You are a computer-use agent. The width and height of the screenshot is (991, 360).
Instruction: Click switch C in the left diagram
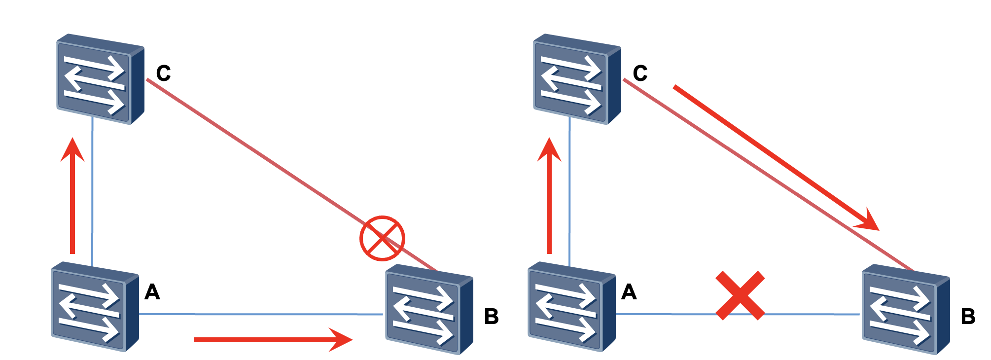[x=100, y=79]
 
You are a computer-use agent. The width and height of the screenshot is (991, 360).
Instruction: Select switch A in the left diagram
[x=95, y=307]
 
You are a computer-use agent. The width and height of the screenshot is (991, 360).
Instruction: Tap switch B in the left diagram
[x=429, y=309]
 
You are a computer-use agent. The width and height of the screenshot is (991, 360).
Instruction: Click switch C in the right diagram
[x=577, y=79]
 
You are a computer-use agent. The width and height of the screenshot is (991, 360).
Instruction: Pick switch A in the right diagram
[x=572, y=307]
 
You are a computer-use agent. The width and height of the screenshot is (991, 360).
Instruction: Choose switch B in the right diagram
[x=906, y=309]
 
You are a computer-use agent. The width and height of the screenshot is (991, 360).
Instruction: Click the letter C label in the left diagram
[x=163, y=73]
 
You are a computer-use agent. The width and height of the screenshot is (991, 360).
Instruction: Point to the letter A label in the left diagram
[x=152, y=292]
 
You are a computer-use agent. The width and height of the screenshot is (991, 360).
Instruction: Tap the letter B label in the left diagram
[x=492, y=317]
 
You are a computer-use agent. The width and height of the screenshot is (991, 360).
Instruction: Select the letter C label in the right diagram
[x=640, y=73]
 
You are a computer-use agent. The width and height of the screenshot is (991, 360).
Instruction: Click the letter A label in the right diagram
[x=629, y=292]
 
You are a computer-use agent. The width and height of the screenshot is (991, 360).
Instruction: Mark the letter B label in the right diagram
[x=968, y=317]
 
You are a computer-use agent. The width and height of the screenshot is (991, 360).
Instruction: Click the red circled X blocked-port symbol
[x=382, y=238]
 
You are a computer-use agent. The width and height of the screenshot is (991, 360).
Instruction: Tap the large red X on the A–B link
[x=740, y=295]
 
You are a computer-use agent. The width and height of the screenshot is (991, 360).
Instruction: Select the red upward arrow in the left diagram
[x=72, y=195]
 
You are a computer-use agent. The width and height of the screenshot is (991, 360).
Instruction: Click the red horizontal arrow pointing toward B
[x=274, y=339]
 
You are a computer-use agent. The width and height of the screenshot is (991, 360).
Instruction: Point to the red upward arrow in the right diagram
[x=549, y=195]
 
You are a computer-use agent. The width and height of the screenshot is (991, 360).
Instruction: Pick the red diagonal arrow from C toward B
[x=777, y=158]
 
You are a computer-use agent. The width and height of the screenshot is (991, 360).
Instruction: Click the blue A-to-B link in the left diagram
[x=261, y=314]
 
